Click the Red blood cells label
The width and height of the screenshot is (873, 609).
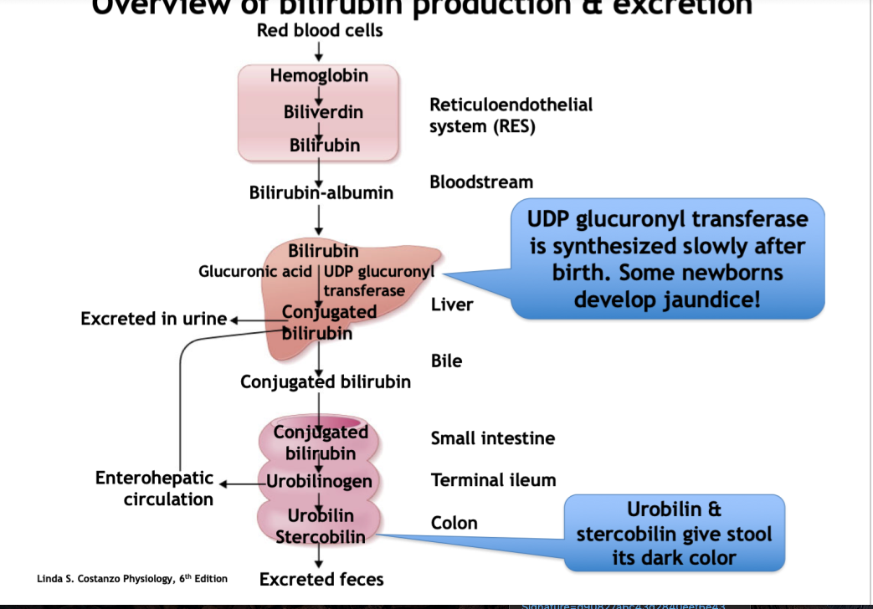pyautogui.click(x=320, y=31)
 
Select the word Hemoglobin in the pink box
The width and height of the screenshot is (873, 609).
pyautogui.click(x=319, y=76)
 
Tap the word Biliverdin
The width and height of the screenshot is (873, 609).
pyautogui.click(x=323, y=111)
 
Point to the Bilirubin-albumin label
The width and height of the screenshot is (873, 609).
pyautogui.click(x=321, y=193)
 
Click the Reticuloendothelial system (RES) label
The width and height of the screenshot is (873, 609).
pyautogui.click(x=511, y=115)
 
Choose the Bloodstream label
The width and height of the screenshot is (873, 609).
pyautogui.click(x=481, y=182)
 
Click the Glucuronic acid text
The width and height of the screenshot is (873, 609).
pyautogui.click(x=255, y=272)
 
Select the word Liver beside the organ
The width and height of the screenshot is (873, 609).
pyautogui.click(x=452, y=304)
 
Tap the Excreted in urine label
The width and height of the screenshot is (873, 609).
pyautogui.click(x=154, y=319)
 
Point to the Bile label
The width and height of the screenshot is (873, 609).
pyautogui.click(x=446, y=361)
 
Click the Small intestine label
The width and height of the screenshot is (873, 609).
pyautogui.click(x=492, y=438)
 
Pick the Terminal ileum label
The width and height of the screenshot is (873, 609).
pyautogui.click(x=493, y=480)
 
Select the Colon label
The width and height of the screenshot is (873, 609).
pyautogui.click(x=454, y=523)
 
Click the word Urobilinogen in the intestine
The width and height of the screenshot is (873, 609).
pyautogui.click(x=319, y=481)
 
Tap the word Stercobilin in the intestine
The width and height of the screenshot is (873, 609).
pyautogui.click(x=321, y=536)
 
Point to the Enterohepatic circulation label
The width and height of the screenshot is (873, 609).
pyautogui.click(x=155, y=489)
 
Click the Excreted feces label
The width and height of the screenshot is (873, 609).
pyautogui.click(x=321, y=579)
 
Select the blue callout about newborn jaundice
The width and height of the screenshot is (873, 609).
pyautogui.click(x=667, y=258)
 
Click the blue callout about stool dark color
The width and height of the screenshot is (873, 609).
pyautogui.click(x=674, y=534)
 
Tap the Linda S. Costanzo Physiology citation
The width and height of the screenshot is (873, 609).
pyautogui.click(x=132, y=579)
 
